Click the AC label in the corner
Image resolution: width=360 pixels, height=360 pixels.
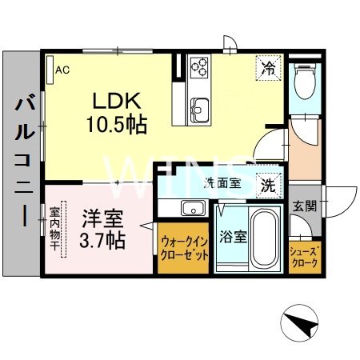click(60, 70)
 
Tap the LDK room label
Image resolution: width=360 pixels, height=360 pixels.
click(118, 102)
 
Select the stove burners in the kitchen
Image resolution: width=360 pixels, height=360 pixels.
click(198, 66)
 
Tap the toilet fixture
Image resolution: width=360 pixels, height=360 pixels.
click(304, 80)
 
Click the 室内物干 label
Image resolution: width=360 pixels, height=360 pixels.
click(55, 229)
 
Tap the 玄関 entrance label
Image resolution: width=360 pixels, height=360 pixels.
click(304, 206)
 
